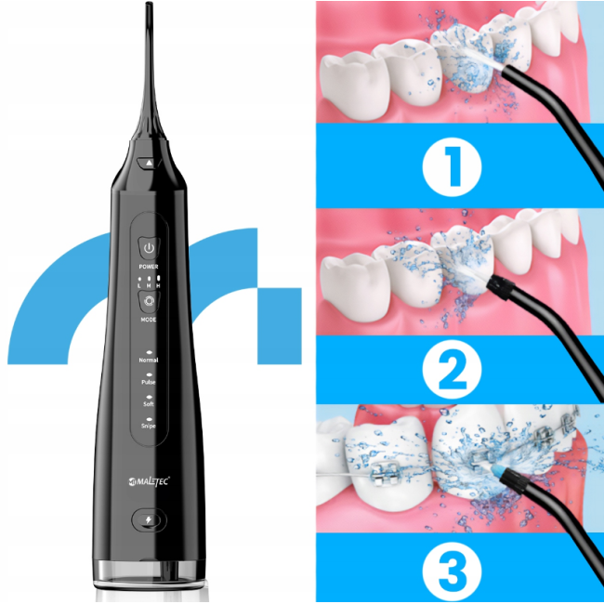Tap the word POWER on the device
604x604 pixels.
click(x=150, y=267)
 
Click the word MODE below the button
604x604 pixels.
click(x=150, y=319)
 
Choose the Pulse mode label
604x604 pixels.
click(x=150, y=382)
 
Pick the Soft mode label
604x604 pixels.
click(x=150, y=404)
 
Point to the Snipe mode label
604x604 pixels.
click(x=150, y=426)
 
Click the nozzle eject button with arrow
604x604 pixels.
click(x=150, y=162)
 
